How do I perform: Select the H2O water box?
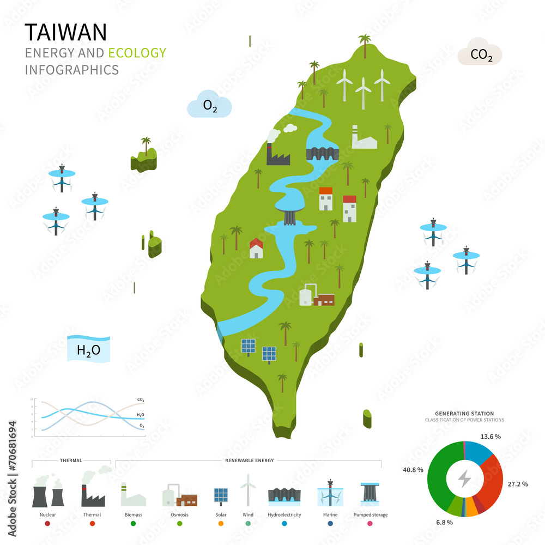[x=88, y=349]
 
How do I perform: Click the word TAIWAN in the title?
[x=66, y=33]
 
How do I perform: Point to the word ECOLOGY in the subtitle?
[x=137, y=53]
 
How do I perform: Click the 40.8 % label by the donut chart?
[x=413, y=469]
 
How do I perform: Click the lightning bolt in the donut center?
[x=464, y=479]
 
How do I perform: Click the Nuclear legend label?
[x=47, y=514]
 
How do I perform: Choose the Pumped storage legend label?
[x=371, y=514]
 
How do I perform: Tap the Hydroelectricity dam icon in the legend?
[x=284, y=496]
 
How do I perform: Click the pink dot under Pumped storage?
[x=371, y=524]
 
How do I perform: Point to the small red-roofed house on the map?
[x=256, y=249]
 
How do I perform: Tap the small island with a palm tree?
[x=144, y=158]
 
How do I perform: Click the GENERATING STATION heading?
[x=464, y=414]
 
